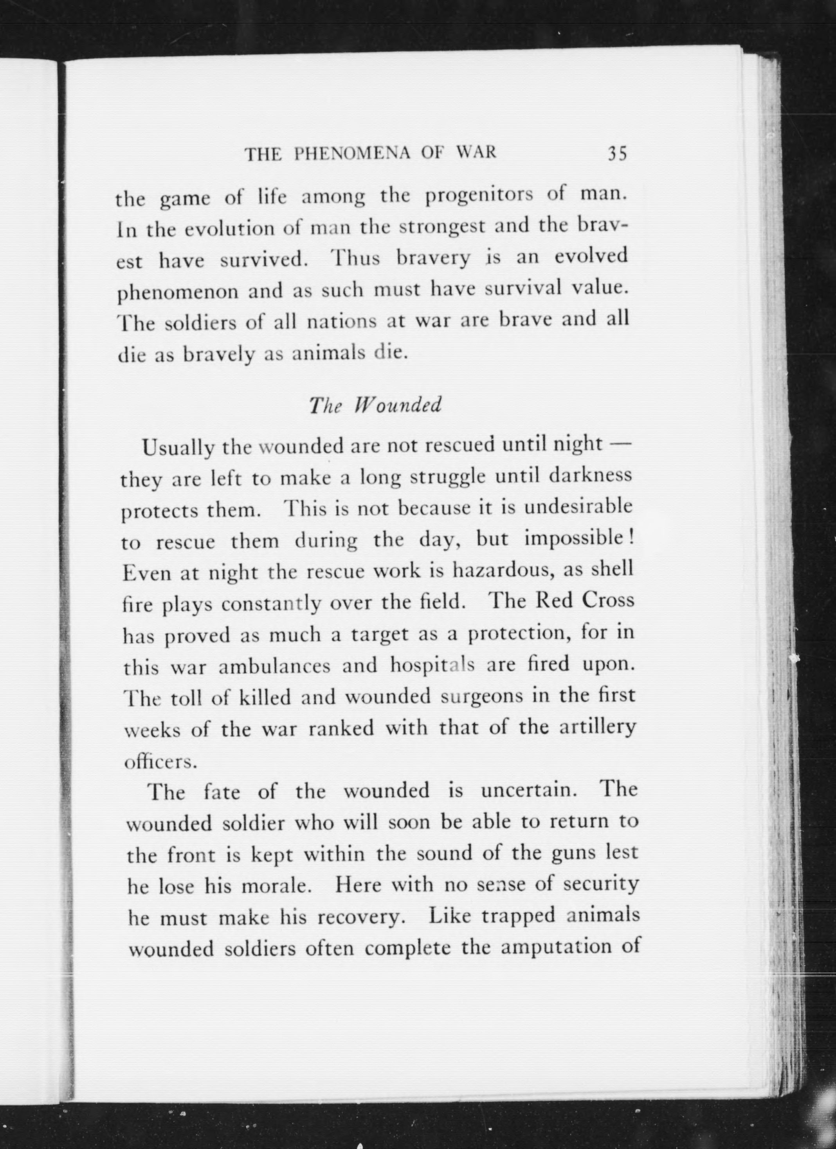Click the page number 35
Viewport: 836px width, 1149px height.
[x=617, y=153]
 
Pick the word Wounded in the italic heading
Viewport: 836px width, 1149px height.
[x=397, y=405]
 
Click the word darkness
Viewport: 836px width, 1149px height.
[x=591, y=476]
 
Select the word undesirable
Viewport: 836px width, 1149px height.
[x=578, y=507]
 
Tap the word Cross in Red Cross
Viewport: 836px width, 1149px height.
[x=608, y=601]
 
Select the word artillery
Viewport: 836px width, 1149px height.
[x=597, y=728]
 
